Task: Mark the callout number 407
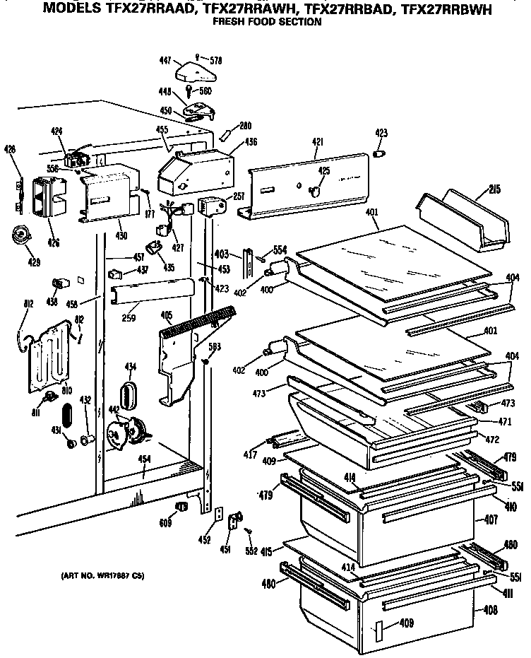[x=490, y=519]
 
